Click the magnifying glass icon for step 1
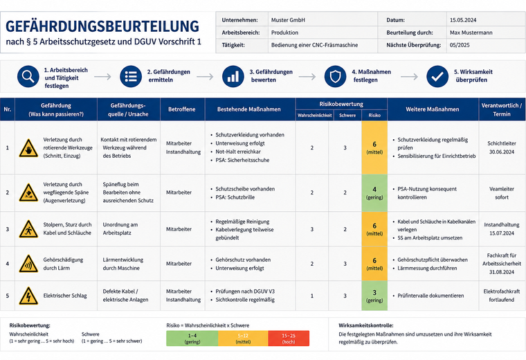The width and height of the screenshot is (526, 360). click(28, 76)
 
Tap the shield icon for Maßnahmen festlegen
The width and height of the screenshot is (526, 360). click(335, 76)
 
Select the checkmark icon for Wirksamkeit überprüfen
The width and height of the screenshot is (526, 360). click(437, 76)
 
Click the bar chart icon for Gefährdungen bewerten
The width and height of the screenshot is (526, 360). click(233, 76)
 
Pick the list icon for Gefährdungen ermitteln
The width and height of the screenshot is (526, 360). click(131, 76)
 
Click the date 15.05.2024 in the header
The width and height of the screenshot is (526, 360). click(463, 20)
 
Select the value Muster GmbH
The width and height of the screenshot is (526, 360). click(288, 20)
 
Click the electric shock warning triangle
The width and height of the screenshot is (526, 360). click(28, 296)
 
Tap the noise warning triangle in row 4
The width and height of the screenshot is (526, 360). click(28, 264)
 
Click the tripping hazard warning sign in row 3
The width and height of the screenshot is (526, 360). click(28, 229)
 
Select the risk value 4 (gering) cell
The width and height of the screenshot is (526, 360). click(374, 192)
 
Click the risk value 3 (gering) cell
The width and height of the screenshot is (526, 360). click(374, 296)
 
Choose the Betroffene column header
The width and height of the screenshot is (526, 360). click(182, 109)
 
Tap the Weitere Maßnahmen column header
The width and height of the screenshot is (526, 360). click(433, 109)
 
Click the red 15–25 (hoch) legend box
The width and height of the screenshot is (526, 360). click(289, 338)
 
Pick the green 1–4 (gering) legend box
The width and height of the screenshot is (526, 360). click(192, 338)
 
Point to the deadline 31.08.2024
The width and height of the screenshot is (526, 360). click(502, 272)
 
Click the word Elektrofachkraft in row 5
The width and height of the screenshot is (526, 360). click(502, 291)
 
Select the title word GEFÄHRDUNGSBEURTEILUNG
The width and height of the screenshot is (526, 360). click(102, 26)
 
